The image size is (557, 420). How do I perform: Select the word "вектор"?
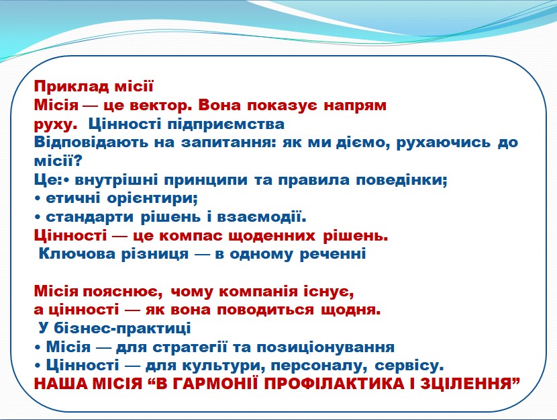160,106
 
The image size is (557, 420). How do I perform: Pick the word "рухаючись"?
443,142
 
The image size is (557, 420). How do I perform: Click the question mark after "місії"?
78,161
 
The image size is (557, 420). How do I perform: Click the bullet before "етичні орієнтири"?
38,199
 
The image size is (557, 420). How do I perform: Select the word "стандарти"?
89,217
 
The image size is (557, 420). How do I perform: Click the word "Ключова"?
77,254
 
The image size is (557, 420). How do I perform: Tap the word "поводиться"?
265,310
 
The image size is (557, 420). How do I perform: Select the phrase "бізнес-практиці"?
122,328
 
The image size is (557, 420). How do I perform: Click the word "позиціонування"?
325,347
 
